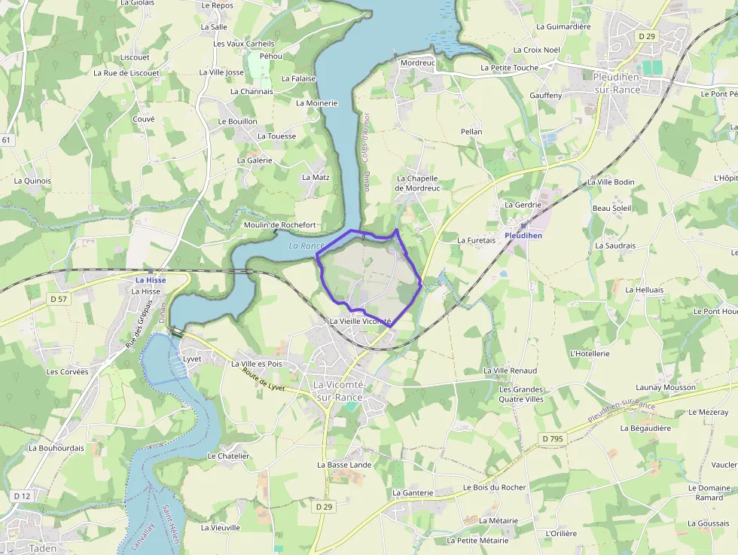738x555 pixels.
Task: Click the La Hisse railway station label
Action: pyautogui.click(x=151, y=280)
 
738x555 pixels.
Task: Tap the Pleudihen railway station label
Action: pyautogui.click(x=523, y=236)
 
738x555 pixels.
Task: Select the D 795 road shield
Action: pyautogui.click(x=551, y=438)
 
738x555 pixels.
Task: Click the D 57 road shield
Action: pyautogui.click(x=59, y=299)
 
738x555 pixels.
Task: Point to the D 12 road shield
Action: pyautogui.click(x=22, y=496)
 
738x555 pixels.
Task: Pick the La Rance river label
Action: pyautogui.click(x=306, y=246)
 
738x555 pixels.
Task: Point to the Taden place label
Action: pyautogui.click(x=42, y=548)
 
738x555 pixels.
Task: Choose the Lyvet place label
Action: pyautogui.click(x=192, y=359)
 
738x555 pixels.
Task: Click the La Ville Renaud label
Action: pyautogui.click(x=510, y=371)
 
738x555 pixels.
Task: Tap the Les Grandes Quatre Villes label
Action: pyautogui.click(x=520, y=394)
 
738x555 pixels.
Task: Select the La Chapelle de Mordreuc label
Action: pyautogui.click(x=416, y=183)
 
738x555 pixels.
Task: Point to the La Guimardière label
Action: pyautogui.click(x=563, y=26)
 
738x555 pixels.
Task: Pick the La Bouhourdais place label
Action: pyautogui.click(x=56, y=447)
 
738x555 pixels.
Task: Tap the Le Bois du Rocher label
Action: pyautogui.click(x=494, y=487)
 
